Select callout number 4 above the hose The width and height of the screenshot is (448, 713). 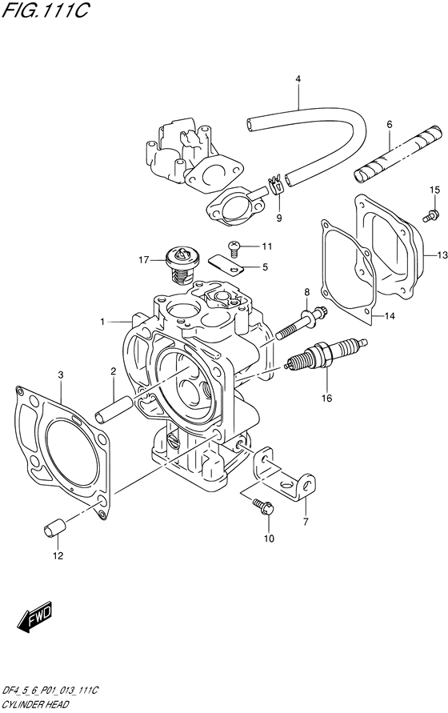(298, 78)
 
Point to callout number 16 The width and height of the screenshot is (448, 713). (326, 395)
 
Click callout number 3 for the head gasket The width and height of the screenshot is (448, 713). (60, 374)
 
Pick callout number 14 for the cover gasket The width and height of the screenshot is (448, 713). (390, 316)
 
